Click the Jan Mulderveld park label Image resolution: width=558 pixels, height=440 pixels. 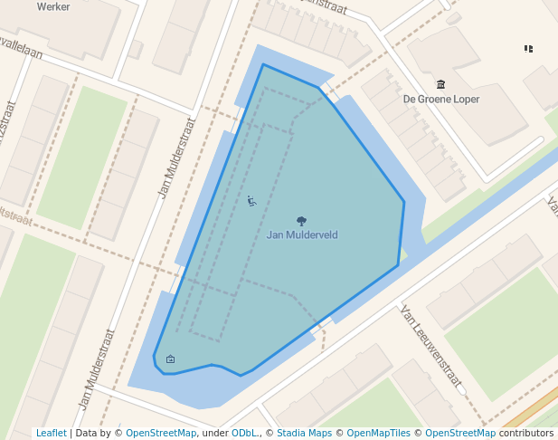point(302,234)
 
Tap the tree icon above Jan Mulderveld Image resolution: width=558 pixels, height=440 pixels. point(301,220)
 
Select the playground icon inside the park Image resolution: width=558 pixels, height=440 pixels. point(251,200)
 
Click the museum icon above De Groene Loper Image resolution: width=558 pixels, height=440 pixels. point(440,84)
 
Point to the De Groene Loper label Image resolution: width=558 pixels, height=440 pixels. point(441,99)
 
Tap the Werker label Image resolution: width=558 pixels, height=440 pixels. point(53,6)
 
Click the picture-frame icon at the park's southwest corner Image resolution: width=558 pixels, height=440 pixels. point(171,359)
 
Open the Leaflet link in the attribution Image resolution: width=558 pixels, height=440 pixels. point(51,433)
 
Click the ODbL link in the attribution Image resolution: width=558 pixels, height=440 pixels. point(244,433)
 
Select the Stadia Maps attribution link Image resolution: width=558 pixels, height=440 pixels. point(304,433)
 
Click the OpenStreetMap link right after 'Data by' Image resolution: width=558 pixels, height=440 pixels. point(161,433)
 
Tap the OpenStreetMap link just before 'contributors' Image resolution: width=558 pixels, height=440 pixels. point(460,433)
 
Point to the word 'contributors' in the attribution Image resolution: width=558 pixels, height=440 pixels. point(525,433)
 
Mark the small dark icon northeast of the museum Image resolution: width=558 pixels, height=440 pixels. point(528,48)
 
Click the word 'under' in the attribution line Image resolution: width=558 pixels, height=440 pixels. point(214,433)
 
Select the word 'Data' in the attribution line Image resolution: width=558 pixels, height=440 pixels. point(87,433)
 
